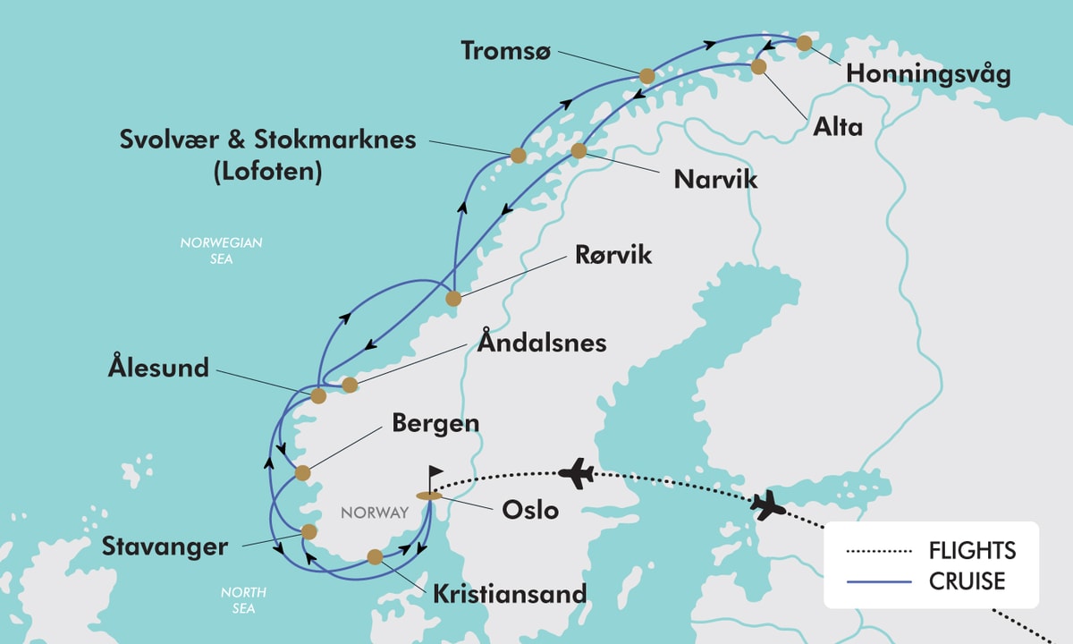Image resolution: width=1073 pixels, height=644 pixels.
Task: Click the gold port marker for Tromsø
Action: pyautogui.click(x=646, y=77)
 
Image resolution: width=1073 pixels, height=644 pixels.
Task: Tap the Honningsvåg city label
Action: pyautogui.click(x=928, y=74)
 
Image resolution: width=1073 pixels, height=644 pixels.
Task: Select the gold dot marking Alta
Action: pyautogui.click(x=758, y=67)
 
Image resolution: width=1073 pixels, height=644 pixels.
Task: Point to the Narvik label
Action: pyautogui.click(x=715, y=179)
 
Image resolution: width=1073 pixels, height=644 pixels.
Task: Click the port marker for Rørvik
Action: pyautogui.click(x=453, y=299)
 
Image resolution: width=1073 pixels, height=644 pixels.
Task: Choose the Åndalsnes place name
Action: pyautogui.click(x=542, y=343)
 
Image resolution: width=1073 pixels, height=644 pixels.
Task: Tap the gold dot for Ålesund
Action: pyautogui.click(x=318, y=395)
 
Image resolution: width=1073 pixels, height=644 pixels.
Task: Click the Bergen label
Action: pyautogui.click(x=435, y=423)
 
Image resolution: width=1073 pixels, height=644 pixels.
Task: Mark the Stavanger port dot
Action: pyautogui.click(x=309, y=531)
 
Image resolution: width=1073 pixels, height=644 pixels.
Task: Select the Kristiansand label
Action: pyautogui.click(x=510, y=593)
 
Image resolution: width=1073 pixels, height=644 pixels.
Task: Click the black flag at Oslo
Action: pyautogui.click(x=435, y=473)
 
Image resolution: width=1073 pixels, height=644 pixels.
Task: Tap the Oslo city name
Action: pyautogui.click(x=530, y=510)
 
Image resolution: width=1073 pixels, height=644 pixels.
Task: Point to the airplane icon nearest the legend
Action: pyautogui.click(x=768, y=505)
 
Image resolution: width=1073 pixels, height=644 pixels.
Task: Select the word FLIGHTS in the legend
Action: pyautogui.click(x=972, y=550)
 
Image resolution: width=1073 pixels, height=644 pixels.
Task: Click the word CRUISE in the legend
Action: pyautogui.click(x=967, y=581)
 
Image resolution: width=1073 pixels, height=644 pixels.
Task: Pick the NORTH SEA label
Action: pyautogui.click(x=242, y=600)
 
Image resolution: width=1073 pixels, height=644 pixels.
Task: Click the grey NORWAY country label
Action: pyautogui.click(x=374, y=513)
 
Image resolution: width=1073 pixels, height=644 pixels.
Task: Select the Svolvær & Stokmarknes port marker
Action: pyautogui.click(x=517, y=155)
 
